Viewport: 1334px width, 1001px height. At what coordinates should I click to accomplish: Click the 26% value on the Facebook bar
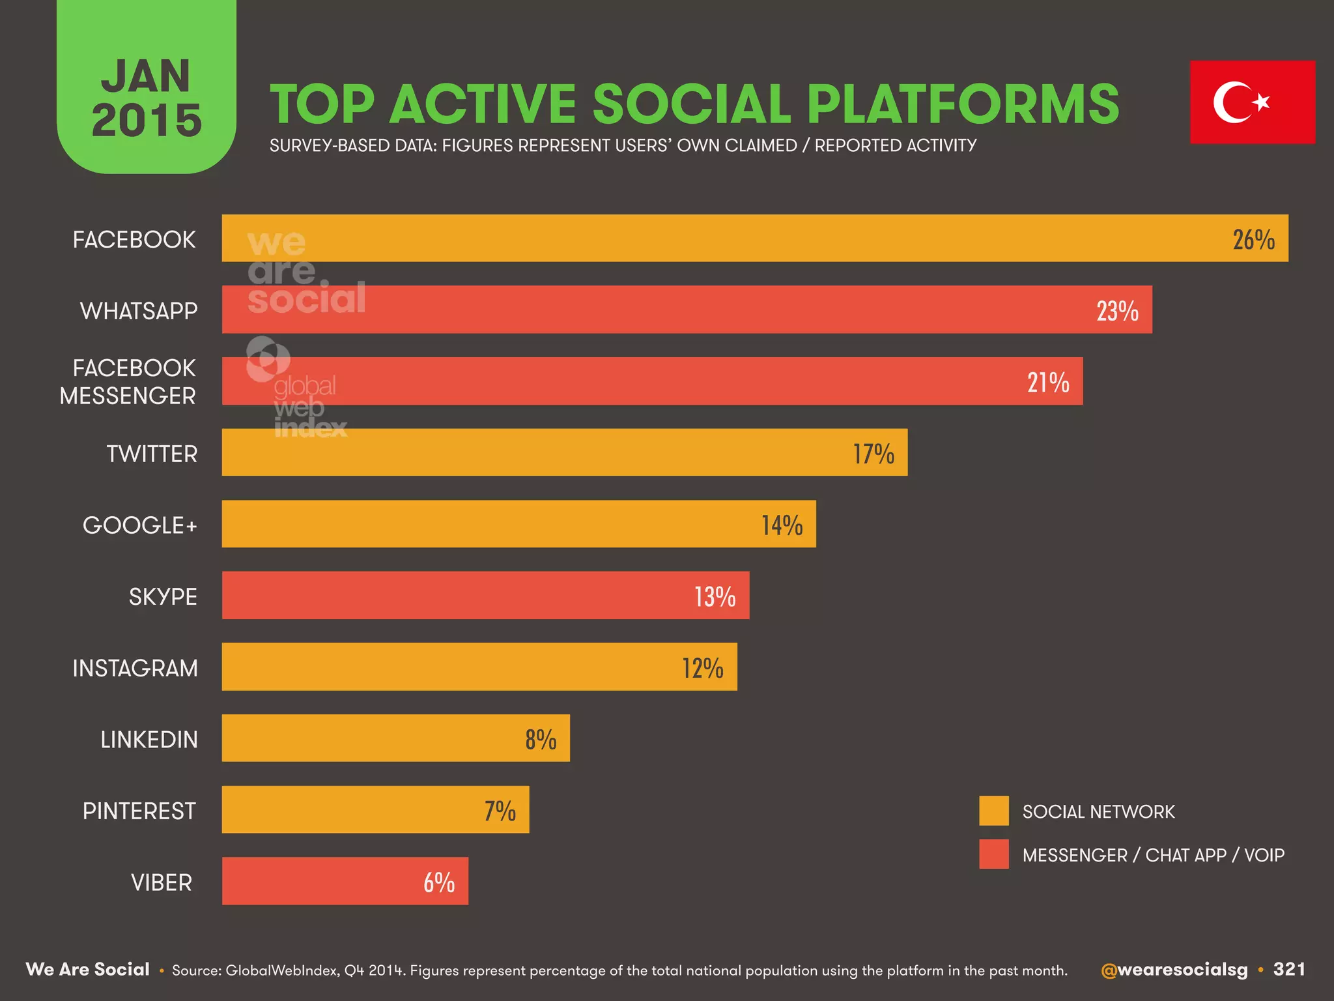1253,240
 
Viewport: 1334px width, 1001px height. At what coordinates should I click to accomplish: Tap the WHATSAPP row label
139,311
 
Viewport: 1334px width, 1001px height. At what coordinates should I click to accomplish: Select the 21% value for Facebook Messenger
1048,383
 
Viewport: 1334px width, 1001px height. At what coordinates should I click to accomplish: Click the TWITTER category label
152,454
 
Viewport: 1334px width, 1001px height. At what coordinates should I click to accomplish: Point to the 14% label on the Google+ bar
782,525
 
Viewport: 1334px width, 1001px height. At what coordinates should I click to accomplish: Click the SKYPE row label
163,597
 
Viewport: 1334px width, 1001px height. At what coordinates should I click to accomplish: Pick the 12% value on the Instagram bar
702,668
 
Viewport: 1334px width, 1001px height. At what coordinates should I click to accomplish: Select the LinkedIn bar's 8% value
541,740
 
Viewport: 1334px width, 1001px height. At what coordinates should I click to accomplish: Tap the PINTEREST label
139,811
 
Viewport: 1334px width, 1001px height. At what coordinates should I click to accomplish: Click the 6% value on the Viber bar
439,882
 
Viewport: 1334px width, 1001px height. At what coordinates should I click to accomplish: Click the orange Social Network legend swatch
993,811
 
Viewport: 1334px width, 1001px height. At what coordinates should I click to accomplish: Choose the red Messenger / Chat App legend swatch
993,854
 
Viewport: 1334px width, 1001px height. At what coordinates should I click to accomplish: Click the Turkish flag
1252,102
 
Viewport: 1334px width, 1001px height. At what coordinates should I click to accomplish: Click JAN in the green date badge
146,76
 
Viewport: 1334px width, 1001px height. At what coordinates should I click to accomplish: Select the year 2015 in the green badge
147,121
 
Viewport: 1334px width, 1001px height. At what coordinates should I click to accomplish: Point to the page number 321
1289,969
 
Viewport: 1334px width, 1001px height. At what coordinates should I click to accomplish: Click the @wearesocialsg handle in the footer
1174,970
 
